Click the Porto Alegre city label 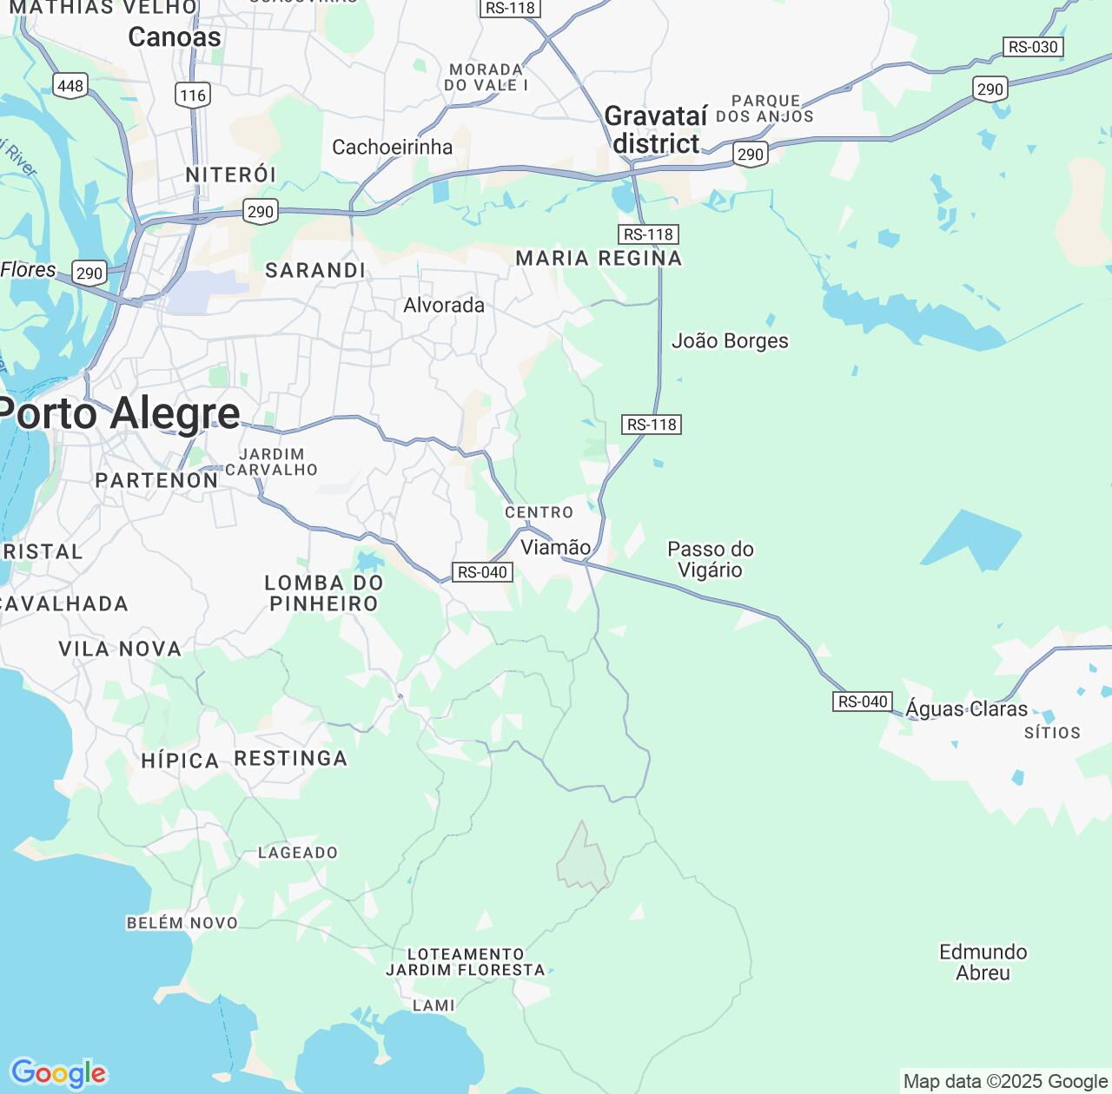120,413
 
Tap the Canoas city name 174,37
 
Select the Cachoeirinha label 392,147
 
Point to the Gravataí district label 656,129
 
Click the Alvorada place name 444,306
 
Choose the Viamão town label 555,547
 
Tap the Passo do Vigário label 710,559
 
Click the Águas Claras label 966,708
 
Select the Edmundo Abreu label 983,962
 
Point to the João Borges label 730,341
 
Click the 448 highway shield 70,85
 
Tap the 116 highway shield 193,95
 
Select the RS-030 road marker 1033,47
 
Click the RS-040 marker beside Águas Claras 863,702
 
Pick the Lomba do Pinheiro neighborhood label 323,593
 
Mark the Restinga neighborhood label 291,759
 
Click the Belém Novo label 182,923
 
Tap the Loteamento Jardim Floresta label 466,962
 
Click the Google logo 58,1073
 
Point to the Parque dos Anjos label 764,109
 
